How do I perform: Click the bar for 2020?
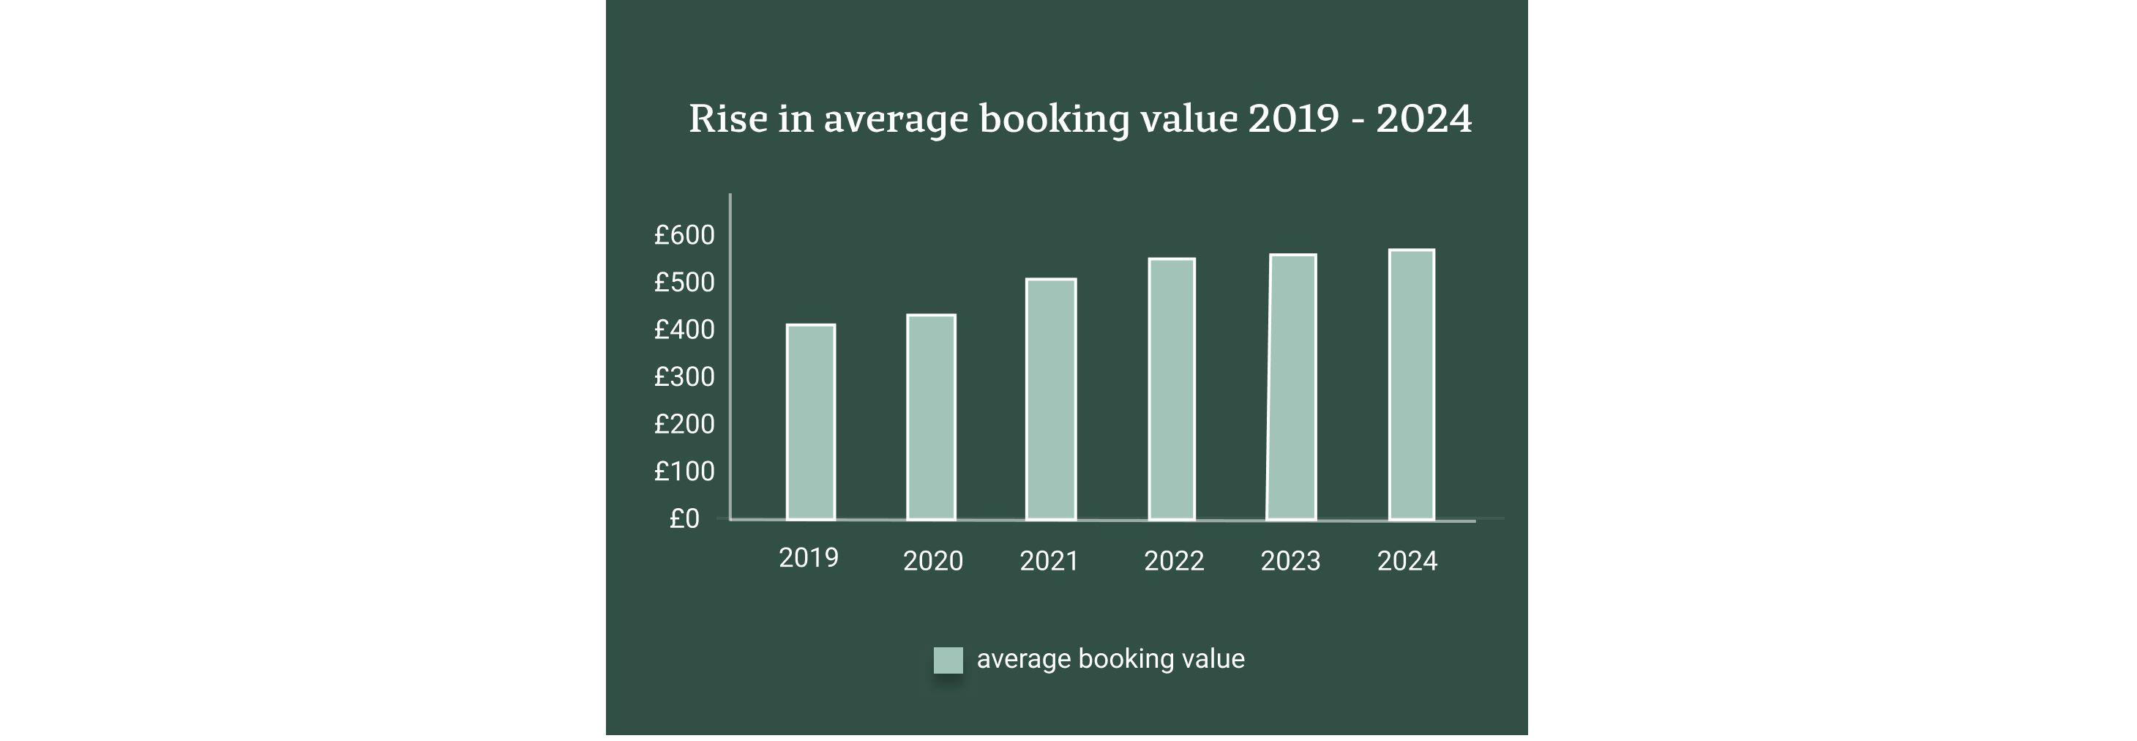931,417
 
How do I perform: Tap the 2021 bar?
1050,399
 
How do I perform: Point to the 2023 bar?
1292,387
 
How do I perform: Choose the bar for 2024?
1411,384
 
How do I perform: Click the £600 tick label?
684,235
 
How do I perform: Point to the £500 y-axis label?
684,282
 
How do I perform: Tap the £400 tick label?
684,329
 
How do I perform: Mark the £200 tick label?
684,424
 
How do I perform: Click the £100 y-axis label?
684,472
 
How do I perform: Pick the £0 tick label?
684,518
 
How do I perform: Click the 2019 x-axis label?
808,558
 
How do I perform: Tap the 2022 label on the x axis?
1173,561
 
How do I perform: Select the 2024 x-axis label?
1406,561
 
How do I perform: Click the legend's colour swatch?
948,660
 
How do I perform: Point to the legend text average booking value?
1110,659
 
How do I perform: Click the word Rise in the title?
727,118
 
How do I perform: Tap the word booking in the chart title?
1054,119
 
